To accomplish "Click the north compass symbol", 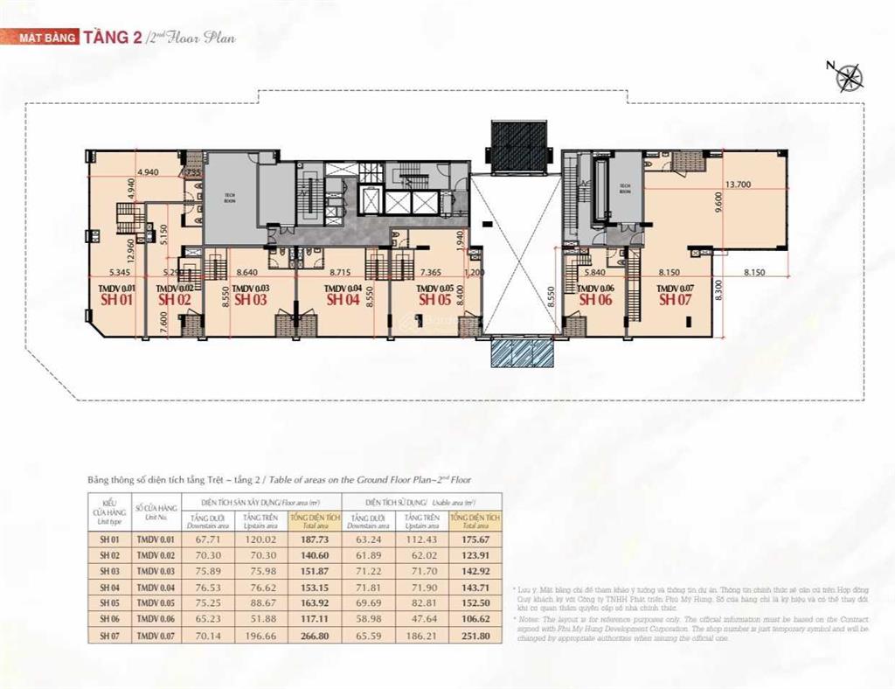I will click(848, 78).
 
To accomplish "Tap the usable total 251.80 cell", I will click(468, 636).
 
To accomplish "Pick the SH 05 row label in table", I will click(109, 603).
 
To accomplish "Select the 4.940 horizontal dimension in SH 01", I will click(149, 172).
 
